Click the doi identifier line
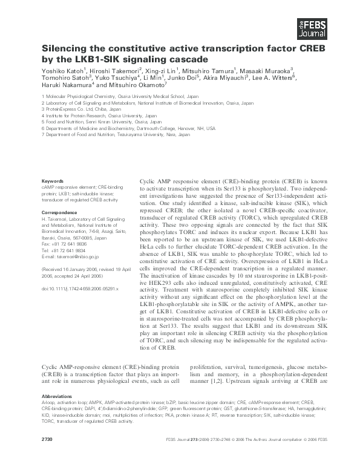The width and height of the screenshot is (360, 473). [x=80, y=289]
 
